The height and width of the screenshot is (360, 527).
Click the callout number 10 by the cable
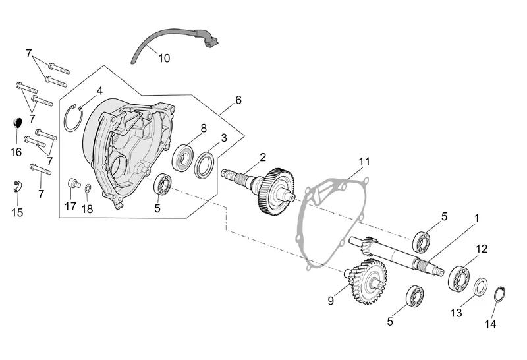164,58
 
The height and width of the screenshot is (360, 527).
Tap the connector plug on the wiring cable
211,40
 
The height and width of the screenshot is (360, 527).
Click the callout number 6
238,100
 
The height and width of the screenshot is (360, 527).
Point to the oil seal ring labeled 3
205,165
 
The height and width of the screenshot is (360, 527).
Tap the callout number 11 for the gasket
364,162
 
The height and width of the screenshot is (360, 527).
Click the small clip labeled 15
17,187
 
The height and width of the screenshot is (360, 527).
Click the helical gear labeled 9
366,282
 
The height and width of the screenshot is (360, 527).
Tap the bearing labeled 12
458,278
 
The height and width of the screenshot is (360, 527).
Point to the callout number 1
476,218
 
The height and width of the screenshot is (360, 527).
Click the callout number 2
263,157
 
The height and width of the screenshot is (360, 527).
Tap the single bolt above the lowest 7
40,169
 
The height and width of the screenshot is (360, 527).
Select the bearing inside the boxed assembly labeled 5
163,184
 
